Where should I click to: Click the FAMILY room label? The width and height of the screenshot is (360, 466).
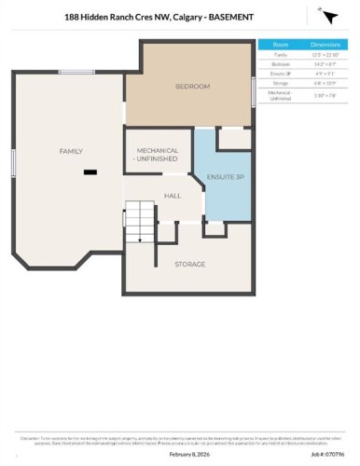pyautogui.click(x=72, y=150)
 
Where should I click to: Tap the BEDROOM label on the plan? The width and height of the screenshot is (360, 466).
pyautogui.click(x=193, y=87)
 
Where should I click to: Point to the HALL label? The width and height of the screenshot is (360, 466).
pyautogui.click(x=173, y=196)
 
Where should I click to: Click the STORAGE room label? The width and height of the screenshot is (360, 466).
pyautogui.click(x=189, y=265)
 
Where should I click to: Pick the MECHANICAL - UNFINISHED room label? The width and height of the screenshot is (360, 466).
pyautogui.click(x=158, y=154)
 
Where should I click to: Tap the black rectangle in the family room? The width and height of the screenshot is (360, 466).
pyautogui.click(x=90, y=171)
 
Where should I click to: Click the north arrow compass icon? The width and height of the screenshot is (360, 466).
pyautogui.click(x=328, y=18)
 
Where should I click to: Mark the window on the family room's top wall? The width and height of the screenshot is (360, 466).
pyautogui.click(x=75, y=72)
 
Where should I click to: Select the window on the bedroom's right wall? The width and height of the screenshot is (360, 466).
pyautogui.click(x=254, y=91)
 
